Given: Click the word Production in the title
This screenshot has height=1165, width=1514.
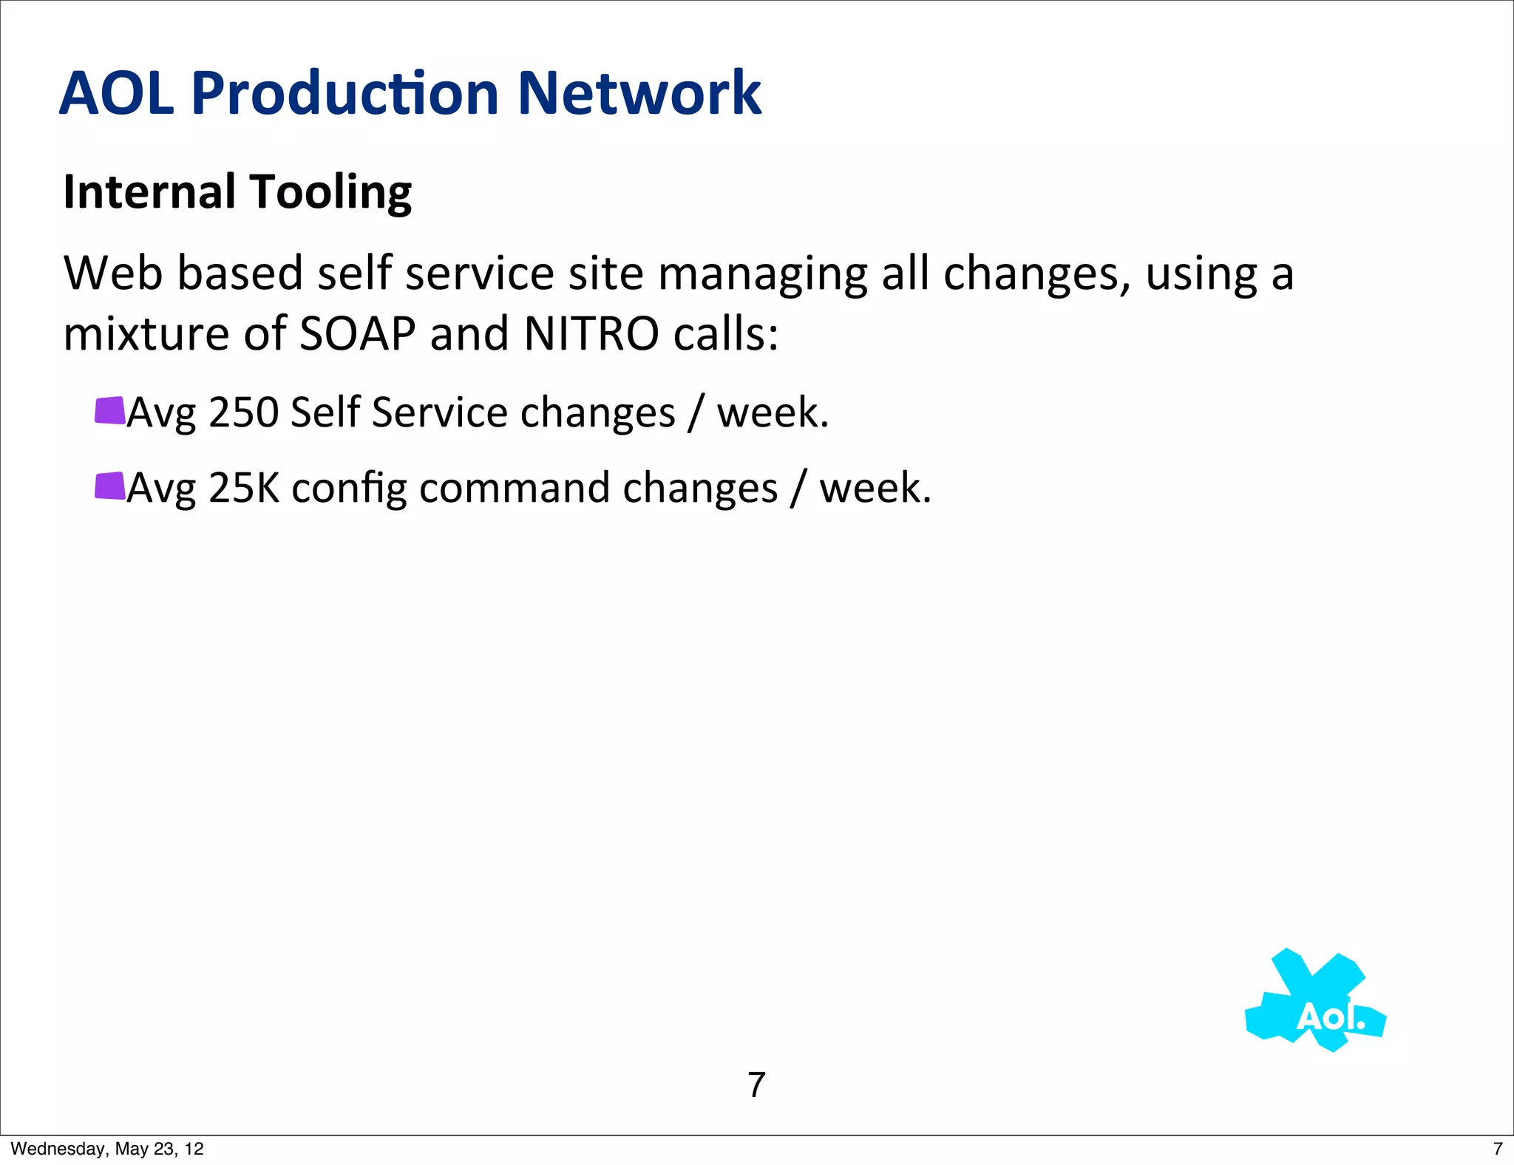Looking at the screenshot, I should pyautogui.click(x=345, y=93).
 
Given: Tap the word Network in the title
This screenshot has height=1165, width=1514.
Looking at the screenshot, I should pyautogui.click(x=639, y=93).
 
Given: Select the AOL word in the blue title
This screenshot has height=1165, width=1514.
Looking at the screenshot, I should pyautogui.click(x=117, y=93).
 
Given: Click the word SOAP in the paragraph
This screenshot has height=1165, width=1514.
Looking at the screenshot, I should pyautogui.click(x=358, y=334).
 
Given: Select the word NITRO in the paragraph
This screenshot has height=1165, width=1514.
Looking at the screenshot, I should pyautogui.click(x=591, y=334).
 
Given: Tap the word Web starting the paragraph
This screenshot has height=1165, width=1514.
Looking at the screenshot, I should pyautogui.click(x=113, y=274).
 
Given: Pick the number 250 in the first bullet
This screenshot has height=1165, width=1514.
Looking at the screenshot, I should pyautogui.click(x=243, y=412).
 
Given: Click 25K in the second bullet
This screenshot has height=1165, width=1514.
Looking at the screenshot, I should pyautogui.click(x=244, y=489).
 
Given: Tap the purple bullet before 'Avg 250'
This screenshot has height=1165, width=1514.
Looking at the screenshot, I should pyautogui.click(x=109, y=411).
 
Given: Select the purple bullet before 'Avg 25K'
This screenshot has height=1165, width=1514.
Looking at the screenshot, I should pyautogui.click(x=109, y=486).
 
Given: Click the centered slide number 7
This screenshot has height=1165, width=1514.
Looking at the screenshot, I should pyautogui.click(x=756, y=1085).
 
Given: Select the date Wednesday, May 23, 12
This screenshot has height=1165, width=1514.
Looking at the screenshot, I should pyautogui.click(x=107, y=1149).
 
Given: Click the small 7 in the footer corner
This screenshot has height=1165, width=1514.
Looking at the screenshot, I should pyautogui.click(x=1498, y=1149).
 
